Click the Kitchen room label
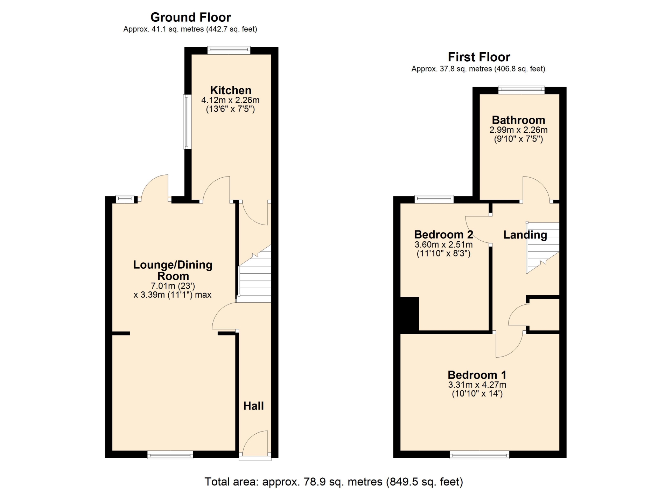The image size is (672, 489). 231,90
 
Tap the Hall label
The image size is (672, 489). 253,406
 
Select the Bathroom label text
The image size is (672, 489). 518,120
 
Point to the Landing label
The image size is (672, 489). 525,235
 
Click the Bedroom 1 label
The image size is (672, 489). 477,375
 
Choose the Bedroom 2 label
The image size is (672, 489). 443,234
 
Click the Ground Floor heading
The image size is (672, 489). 191,17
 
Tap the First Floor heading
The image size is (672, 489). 479,57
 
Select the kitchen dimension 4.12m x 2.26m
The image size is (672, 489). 230,100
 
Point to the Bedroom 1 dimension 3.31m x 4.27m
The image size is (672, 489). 477,385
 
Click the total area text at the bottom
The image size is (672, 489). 334,482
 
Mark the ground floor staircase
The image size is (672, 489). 255,274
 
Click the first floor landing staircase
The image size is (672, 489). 542,248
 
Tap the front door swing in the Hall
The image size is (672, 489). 255,443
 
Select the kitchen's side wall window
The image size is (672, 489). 188,122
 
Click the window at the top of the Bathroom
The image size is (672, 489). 521,90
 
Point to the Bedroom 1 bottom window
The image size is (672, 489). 479,455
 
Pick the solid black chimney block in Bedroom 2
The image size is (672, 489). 409,314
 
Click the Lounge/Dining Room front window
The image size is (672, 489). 170,455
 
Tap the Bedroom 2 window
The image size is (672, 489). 434,199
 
